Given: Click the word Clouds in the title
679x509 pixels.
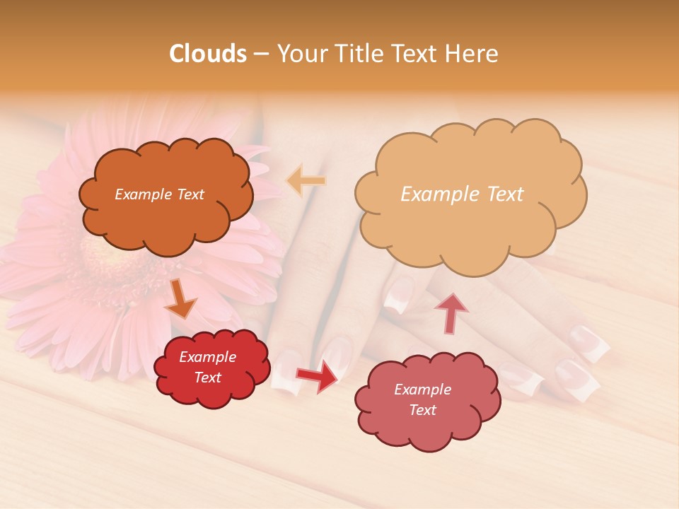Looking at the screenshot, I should [x=208, y=54].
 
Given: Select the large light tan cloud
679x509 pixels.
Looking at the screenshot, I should [x=467, y=226].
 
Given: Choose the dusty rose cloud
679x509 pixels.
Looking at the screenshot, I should [x=428, y=424].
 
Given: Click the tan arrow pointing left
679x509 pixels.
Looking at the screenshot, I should [x=305, y=181].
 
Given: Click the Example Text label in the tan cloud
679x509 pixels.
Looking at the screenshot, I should [x=462, y=194].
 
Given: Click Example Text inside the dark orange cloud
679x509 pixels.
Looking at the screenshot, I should [x=159, y=194].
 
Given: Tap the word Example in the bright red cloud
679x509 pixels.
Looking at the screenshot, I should [x=207, y=357].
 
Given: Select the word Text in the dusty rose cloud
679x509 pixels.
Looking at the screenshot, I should [x=422, y=410].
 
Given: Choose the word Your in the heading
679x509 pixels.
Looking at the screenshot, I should [x=301, y=54].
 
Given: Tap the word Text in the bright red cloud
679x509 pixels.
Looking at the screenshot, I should [x=207, y=378].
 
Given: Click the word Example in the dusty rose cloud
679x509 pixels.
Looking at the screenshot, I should [x=422, y=390].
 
